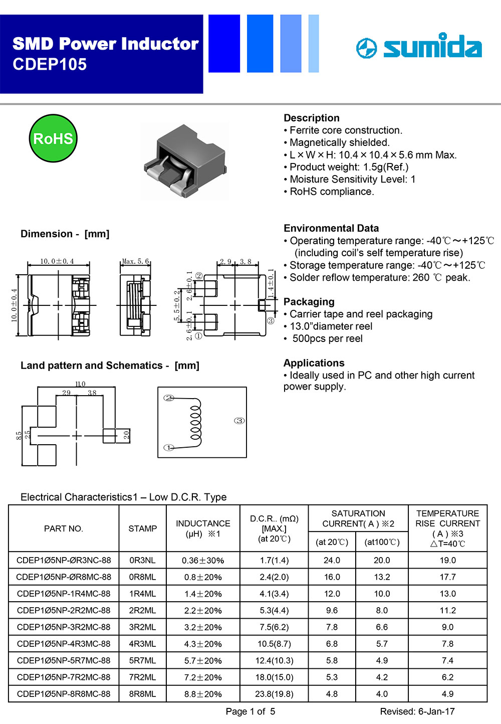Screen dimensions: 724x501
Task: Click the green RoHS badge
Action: tap(53, 138)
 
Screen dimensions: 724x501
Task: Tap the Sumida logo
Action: tap(419, 47)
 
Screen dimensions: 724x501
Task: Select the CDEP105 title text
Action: tap(50, 65)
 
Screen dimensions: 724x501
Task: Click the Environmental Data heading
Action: tap(331, 228)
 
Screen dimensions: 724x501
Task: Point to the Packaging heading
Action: tap(309, 302)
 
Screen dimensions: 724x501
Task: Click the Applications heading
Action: tap(314, 363)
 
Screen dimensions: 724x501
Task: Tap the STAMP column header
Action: tap(142, 528)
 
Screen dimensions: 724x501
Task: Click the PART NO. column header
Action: tap(64, 528)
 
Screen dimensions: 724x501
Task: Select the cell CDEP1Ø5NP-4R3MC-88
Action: tap(64, 644)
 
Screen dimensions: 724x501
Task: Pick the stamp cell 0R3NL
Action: tap(142, 561)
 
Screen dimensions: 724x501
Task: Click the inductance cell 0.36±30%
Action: tap(203, 561)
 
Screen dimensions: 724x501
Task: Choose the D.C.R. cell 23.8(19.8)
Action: tap(274, 694)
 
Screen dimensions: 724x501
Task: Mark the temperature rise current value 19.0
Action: tap(447, 561)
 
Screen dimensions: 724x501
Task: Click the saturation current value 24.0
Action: tap(332, 561)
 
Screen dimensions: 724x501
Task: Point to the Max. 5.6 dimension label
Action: tap(135, 261)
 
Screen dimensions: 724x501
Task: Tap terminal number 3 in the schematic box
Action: tap(239, 421)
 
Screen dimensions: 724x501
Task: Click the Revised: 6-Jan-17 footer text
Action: tap(417, 711)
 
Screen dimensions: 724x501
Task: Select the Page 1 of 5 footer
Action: tap(250, 711)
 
